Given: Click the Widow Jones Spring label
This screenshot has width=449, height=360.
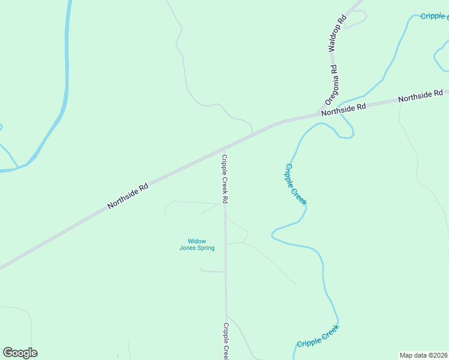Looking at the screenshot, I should click(197, 245).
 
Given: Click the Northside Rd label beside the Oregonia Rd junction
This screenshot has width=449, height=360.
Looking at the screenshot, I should click(343, 109).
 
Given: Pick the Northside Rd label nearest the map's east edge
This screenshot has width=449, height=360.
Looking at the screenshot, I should click(421, 95).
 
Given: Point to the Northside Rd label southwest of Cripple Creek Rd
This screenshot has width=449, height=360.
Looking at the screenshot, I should click(128, 196).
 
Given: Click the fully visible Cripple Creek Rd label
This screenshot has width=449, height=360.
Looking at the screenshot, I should click(224, 179).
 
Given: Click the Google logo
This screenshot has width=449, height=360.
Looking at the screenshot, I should click(20, 353).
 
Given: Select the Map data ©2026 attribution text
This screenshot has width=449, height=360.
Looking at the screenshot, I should click(423, 355).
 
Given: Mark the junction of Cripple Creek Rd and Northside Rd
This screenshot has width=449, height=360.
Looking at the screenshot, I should click(224, 148).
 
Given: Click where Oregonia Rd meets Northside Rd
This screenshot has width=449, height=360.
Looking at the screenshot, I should click(318, 113).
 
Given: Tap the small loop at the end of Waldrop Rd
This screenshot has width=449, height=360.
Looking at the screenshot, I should click(357, 19).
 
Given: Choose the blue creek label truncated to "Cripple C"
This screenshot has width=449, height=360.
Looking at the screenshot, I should click(434, 16).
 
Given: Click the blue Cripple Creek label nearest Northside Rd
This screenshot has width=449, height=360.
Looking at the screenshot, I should click(295, 184).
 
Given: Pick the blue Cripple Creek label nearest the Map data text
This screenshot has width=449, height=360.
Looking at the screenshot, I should click(318, 336).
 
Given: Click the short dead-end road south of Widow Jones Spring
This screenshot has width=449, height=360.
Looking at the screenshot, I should click(212, 271).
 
